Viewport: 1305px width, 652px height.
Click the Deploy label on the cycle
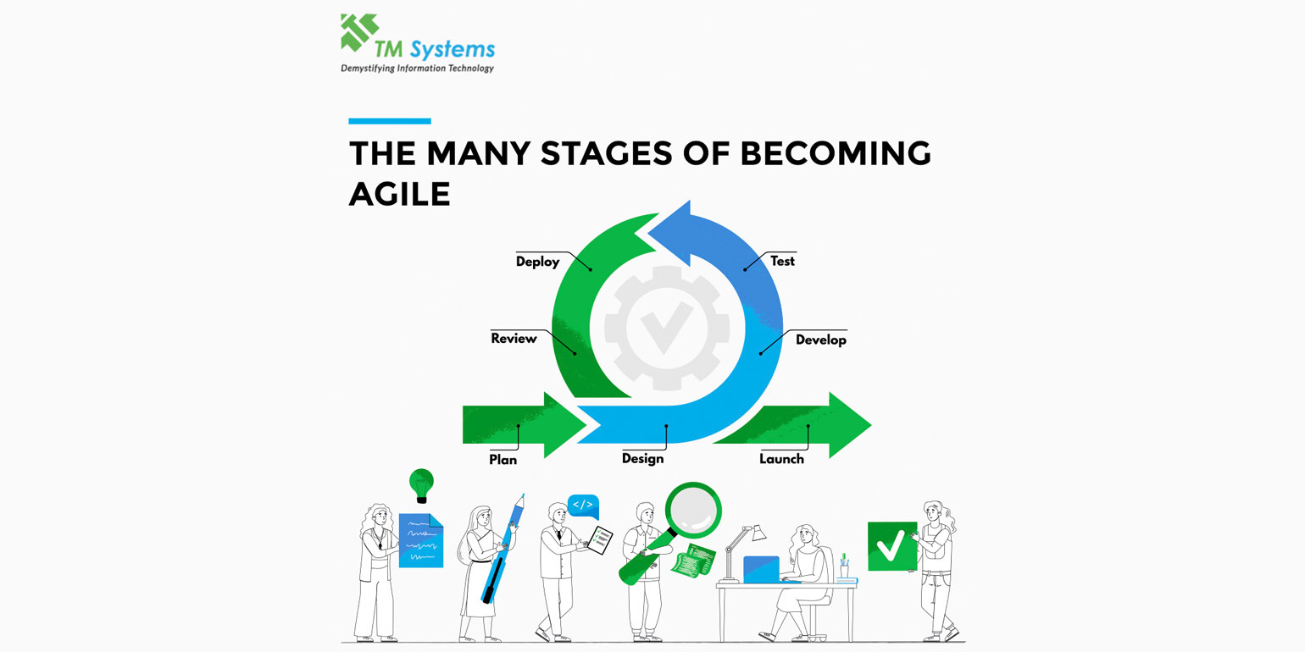tap(538, 262)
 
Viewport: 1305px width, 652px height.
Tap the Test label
tap(782, 261)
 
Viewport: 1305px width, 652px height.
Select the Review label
tap(514, 339)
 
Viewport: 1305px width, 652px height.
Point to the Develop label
tap(820, 340)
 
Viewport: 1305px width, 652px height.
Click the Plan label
tap(503, 460)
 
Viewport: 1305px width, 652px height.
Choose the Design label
tap(642, 458)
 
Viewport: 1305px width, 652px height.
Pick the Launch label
tap(781, 459)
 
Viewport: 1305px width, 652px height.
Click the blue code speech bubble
tap(583, 506)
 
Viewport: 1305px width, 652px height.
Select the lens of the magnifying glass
tap(693, 511)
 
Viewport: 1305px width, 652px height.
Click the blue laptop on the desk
tap(761, 569)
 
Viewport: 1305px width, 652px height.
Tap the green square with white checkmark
tap(891, 546)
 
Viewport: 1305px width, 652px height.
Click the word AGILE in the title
tap(399, 194)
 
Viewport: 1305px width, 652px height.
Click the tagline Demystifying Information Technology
tap(417, 68)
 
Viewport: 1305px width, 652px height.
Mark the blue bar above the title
tap(390, 121)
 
